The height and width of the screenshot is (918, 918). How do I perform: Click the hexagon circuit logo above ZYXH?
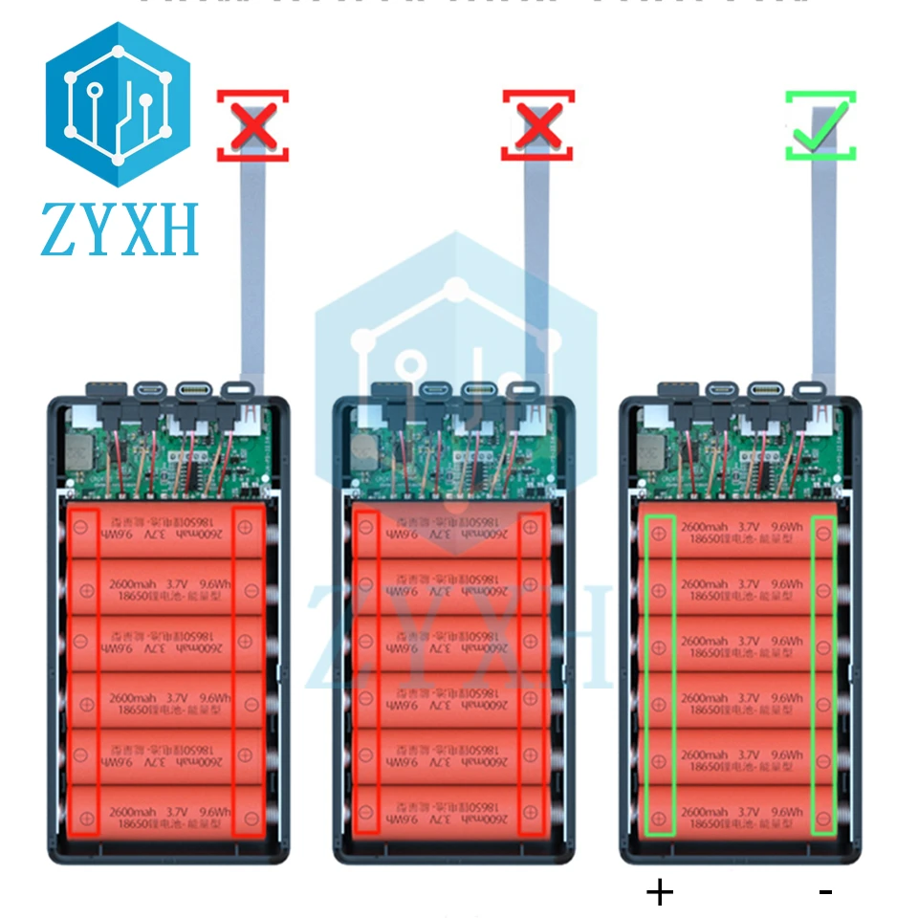coord(119,103)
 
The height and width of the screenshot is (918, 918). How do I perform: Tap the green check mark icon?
coord(820,126)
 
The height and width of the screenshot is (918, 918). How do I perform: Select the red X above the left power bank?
coord(252,124)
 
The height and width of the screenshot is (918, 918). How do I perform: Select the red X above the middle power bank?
coord(538,124)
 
